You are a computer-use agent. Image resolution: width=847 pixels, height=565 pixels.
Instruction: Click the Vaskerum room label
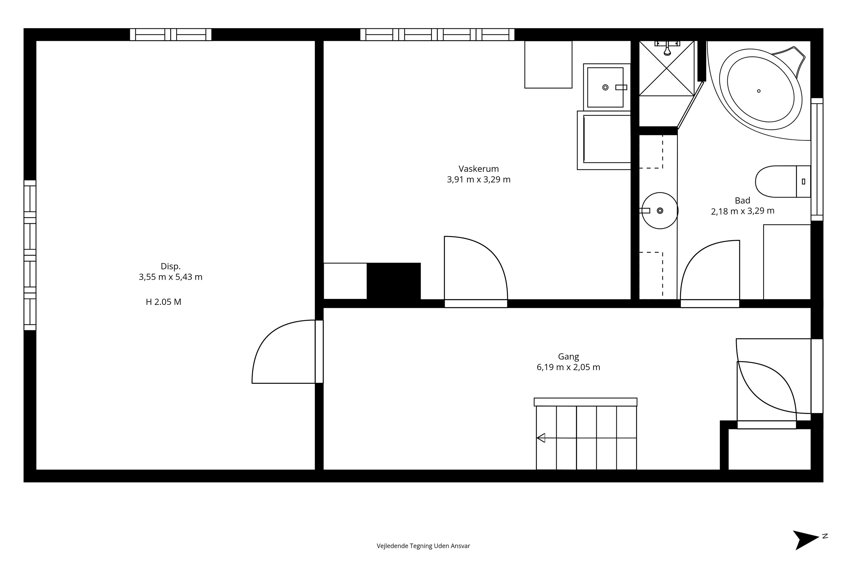click(478, 169)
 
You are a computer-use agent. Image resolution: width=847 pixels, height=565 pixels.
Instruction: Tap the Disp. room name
click(170, 267)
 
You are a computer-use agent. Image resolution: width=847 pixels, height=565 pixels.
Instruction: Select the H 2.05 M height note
click(163, 302)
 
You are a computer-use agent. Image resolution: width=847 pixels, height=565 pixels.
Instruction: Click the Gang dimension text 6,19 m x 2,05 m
click(568, 367)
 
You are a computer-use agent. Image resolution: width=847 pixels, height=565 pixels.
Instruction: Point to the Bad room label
click(743, 200)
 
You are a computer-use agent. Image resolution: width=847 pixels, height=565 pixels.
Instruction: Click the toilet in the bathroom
click(783, 182)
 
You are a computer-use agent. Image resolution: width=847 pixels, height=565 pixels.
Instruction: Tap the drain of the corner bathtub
click(759, 91)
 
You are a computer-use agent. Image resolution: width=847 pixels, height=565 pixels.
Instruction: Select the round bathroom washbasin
click(660, 210)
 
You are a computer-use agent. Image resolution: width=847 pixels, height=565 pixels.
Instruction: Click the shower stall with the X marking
click(667, 68)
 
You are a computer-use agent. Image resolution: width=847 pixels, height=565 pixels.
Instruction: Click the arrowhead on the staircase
click(541, 438)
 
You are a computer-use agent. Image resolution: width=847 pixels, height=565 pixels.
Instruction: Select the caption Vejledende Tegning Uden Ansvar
click(423, 546)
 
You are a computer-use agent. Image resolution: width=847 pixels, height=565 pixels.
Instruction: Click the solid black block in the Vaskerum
click(394, 281)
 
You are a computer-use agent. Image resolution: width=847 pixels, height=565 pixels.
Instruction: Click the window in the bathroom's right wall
click(817, 159)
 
